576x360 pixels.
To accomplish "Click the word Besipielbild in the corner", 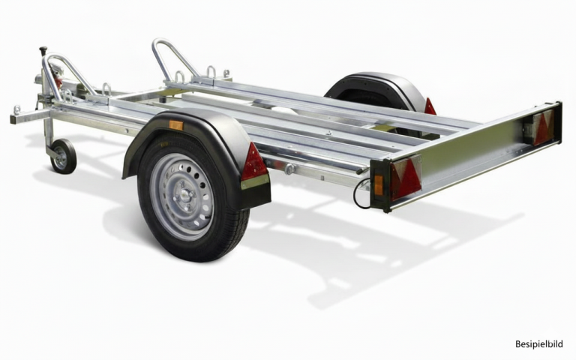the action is pyautogui.click(x=538, y=344).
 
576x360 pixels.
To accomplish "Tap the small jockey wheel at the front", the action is pyautogui.click(x=63, y=156).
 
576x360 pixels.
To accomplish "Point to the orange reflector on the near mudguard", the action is pyautogui.click(x=176, y=125).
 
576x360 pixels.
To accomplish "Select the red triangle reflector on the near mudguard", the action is pyautogui.click(x=253, y=162).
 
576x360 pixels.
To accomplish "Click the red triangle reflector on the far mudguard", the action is pyautogui.click(x=430, y=106).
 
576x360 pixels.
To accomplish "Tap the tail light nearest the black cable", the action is pyautogui.click(x=405, y=178).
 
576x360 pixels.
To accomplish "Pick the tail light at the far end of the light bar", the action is pyautogui.click(x=543, y=127).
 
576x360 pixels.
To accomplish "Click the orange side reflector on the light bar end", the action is pyautogui.click(x=378, y=184).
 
